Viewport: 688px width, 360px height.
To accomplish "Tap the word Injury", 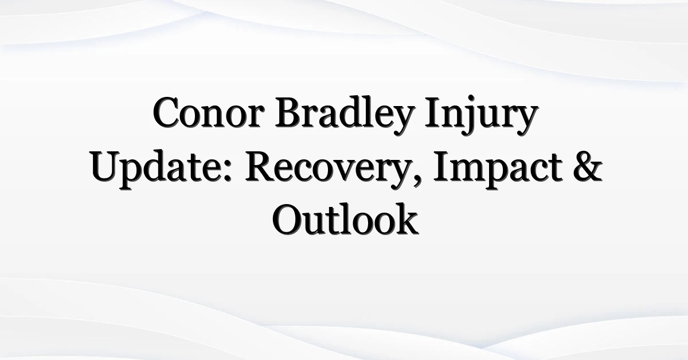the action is tap(482, 115).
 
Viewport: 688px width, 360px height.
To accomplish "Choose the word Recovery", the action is tap(330, 170).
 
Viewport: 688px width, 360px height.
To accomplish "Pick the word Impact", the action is tap(498, 170).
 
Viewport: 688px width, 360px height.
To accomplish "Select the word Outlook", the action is tap(345, 220).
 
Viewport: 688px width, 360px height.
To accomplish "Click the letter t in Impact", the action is tap(555, 170).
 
